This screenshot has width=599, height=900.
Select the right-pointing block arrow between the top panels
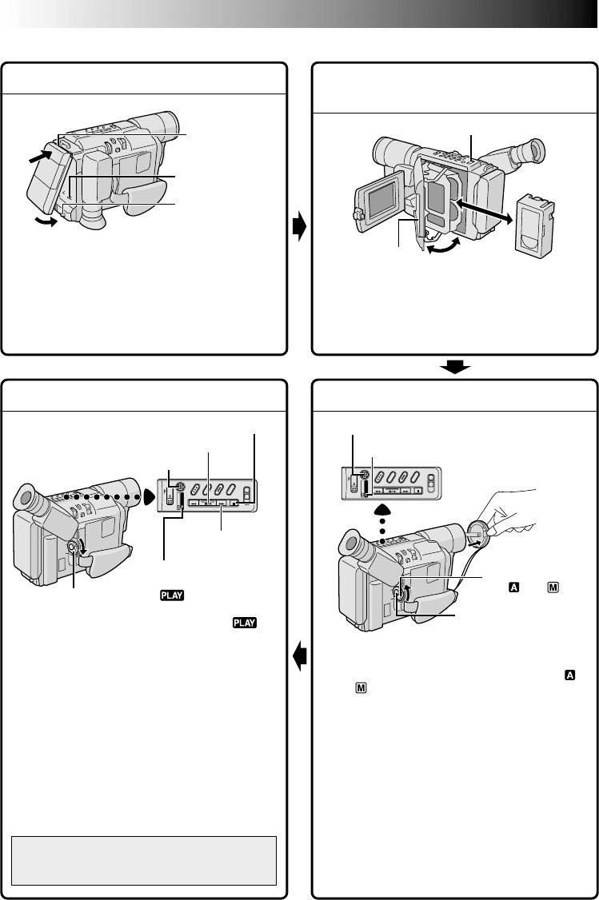(298, 226)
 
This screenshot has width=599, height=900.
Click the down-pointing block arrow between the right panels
(453, 367)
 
